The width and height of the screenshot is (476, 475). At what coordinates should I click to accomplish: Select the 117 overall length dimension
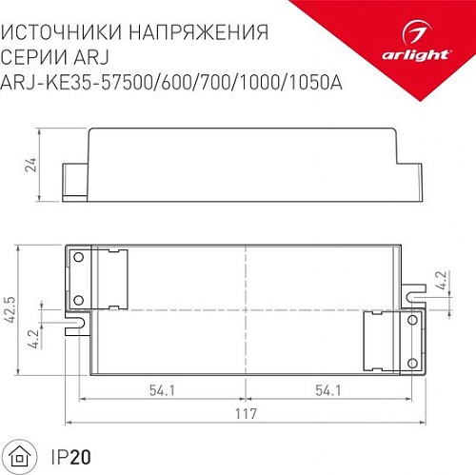click(x=246, y=417)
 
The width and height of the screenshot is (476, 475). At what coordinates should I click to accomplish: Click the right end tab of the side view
click(x=418, y=182)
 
